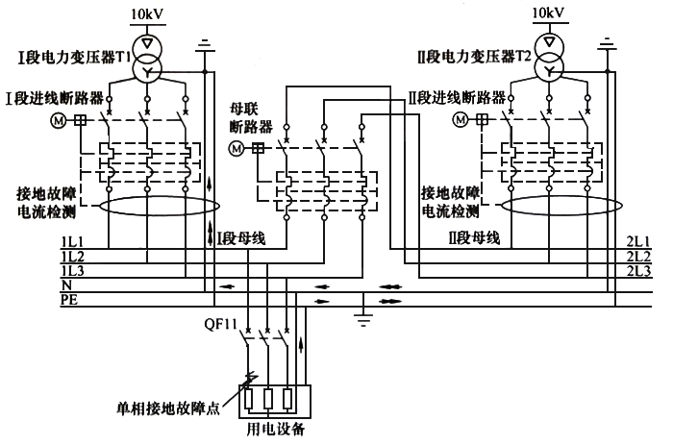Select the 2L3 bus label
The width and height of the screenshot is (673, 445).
pyautogui.click(x=638, y=273)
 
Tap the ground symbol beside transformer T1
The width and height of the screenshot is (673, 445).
pyautogui.click(x=203, y=44)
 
